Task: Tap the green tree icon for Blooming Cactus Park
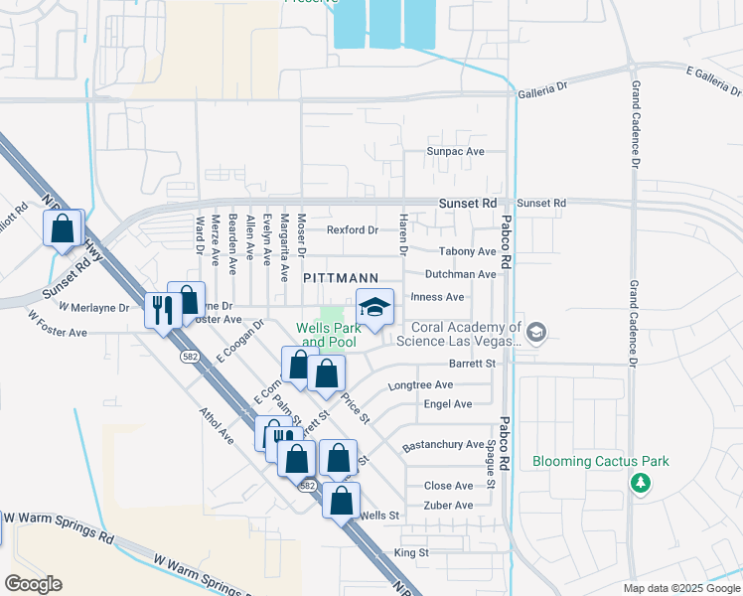(642, 483)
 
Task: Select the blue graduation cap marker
(375, 308)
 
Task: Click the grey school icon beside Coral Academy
(537, 332)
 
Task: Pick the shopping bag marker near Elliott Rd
(64, 227)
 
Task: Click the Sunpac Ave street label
(455, 152)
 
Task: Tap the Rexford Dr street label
(353, 229)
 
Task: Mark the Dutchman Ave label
(460, 274)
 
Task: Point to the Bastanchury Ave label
(443, 445)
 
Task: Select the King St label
(410, 552)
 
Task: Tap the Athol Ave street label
(214, 424)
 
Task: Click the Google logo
(33, 584)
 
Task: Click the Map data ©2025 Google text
(680, 588)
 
